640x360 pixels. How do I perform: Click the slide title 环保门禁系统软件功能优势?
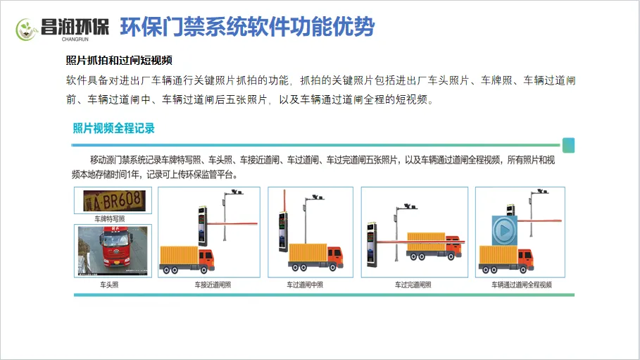(x=247, y=27)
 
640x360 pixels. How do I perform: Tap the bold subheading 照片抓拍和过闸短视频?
(x=119, y=60)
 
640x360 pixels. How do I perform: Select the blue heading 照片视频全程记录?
(x=113, y=128)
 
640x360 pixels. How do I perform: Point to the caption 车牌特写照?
(x=113, y=219)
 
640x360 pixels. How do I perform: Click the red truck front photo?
(x=113, y=251)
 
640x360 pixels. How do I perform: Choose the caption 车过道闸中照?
(x=305, y=285)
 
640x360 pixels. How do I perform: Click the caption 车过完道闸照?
(x=413, y=285)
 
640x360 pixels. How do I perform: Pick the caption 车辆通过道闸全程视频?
(x=521, y=285)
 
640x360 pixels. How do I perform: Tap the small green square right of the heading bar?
(x=569, y=146)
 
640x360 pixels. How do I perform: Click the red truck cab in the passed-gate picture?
(x=454, y=249)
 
